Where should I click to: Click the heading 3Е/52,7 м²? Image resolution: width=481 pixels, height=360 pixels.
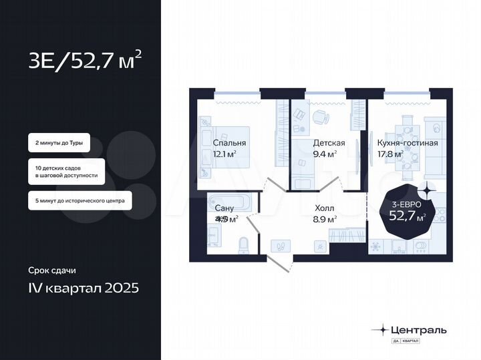pyautogui.click(x=85, y=62)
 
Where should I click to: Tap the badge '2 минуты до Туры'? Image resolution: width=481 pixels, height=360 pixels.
pyautogui.click(x=59, y=143)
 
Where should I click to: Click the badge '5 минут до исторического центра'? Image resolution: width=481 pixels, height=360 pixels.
pyautogui.click(x=79, y=200)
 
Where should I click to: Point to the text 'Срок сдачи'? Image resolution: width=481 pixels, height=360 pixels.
pyautogui.click(x=52, y=271)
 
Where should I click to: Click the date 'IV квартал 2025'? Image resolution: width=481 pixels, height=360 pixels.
pyautogui.click(x=84, y=289)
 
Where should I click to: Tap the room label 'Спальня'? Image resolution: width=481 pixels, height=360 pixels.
pyautogui.click(x=229, y=143)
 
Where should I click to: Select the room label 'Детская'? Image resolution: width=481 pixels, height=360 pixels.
pyautogui.click(x=329, y=143)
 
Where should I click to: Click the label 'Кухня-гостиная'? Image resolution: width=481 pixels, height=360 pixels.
pyautogui.click(x=408, y=143)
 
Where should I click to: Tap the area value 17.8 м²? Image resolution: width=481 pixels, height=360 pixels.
pyautogui.click(x=389, y=154)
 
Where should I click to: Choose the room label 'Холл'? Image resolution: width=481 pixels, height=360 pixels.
pyautogui.click(x=325, y=207)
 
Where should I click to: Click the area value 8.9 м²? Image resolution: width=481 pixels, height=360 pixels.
pyautogui.click(x=325, y=218)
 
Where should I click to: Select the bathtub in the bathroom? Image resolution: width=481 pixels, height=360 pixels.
pyautogui.click(x=228, y=203)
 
